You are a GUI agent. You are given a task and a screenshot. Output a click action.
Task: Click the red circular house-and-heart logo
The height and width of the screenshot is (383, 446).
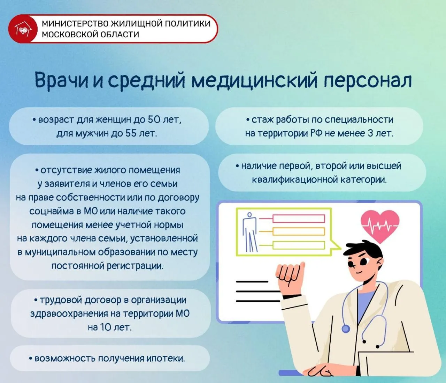[23, 29]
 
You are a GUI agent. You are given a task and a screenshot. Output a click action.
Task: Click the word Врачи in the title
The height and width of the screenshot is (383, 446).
[61, 81]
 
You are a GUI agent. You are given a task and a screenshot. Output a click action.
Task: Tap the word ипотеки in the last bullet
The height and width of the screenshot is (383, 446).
[166, 358]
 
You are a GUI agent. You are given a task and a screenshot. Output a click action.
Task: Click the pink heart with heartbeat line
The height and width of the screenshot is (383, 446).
[380, 226]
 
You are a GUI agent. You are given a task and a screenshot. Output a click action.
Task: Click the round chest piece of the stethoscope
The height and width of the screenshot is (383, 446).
[346, 329]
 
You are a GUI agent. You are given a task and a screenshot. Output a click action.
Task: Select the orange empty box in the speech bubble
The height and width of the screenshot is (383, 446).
[299, 231]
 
